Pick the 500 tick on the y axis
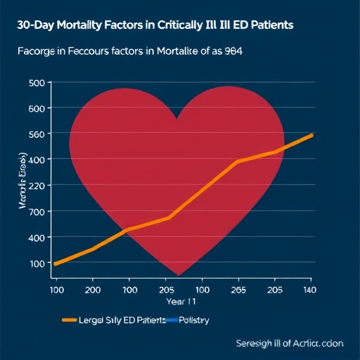pyautogui.click(x=37, y=83)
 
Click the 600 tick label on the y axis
pyautogui.click(x=37, y=109)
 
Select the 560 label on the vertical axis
pyautogui.click(x=37, y=135)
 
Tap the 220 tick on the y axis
pyautogui.click(x=37, y=186)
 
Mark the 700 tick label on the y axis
pyautogui.click(x=37, y=212)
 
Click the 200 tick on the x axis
pyautogui.click(x=93, y=289)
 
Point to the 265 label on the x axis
pyautogui.click(x=238, y=289)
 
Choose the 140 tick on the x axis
pyautogui.click(x=309, y=289)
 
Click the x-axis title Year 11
pyautogui.click(x=181, y=302)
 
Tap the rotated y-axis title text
pyautogui.click(x=22, y=186)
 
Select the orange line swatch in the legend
pyautogui.click(x=69, y=320)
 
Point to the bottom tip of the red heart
pyautogui.click(x=181, y=274)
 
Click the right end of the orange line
pyautogui.click(x=311, y=134)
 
